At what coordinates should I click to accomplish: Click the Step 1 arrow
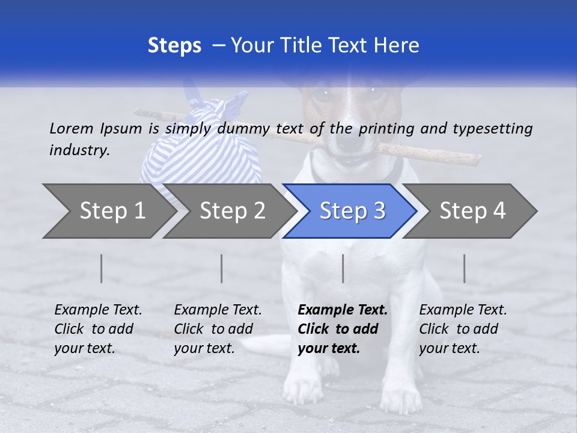click(108, 211)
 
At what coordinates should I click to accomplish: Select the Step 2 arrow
click(232, 211)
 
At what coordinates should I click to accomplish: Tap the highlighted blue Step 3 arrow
click(352, 211)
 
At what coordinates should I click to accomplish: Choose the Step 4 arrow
click(472, 211)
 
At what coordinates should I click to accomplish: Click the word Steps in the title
click(174, 45)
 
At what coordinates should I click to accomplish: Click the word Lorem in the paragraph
click(71, 128)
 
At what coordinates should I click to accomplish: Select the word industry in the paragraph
click(79, 150)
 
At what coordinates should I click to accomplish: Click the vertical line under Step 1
click(102, 268)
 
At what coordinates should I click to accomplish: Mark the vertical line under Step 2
click(222, 268)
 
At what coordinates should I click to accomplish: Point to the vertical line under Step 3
click(343, 268)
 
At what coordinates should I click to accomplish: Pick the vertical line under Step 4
click(464, 268)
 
